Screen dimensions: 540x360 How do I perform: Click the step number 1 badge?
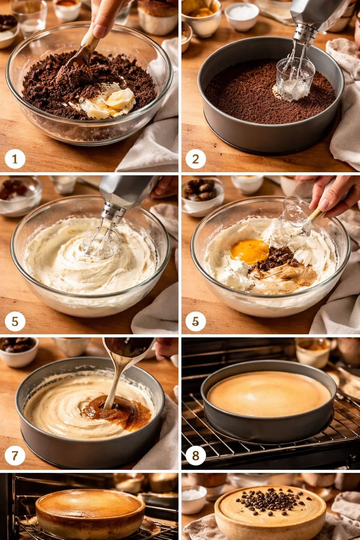pos(15,159)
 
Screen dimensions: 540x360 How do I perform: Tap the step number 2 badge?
pos(195,159)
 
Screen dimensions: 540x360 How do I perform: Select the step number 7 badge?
pos(15,456)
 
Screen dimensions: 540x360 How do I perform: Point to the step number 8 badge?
pos(195,456)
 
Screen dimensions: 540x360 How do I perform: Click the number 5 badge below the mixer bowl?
pos(15,321)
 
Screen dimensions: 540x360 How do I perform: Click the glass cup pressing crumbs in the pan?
pos(295,79)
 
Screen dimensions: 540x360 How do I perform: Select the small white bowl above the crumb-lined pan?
pos(242,16)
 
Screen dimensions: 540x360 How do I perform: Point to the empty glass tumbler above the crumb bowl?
pos(30,18)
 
